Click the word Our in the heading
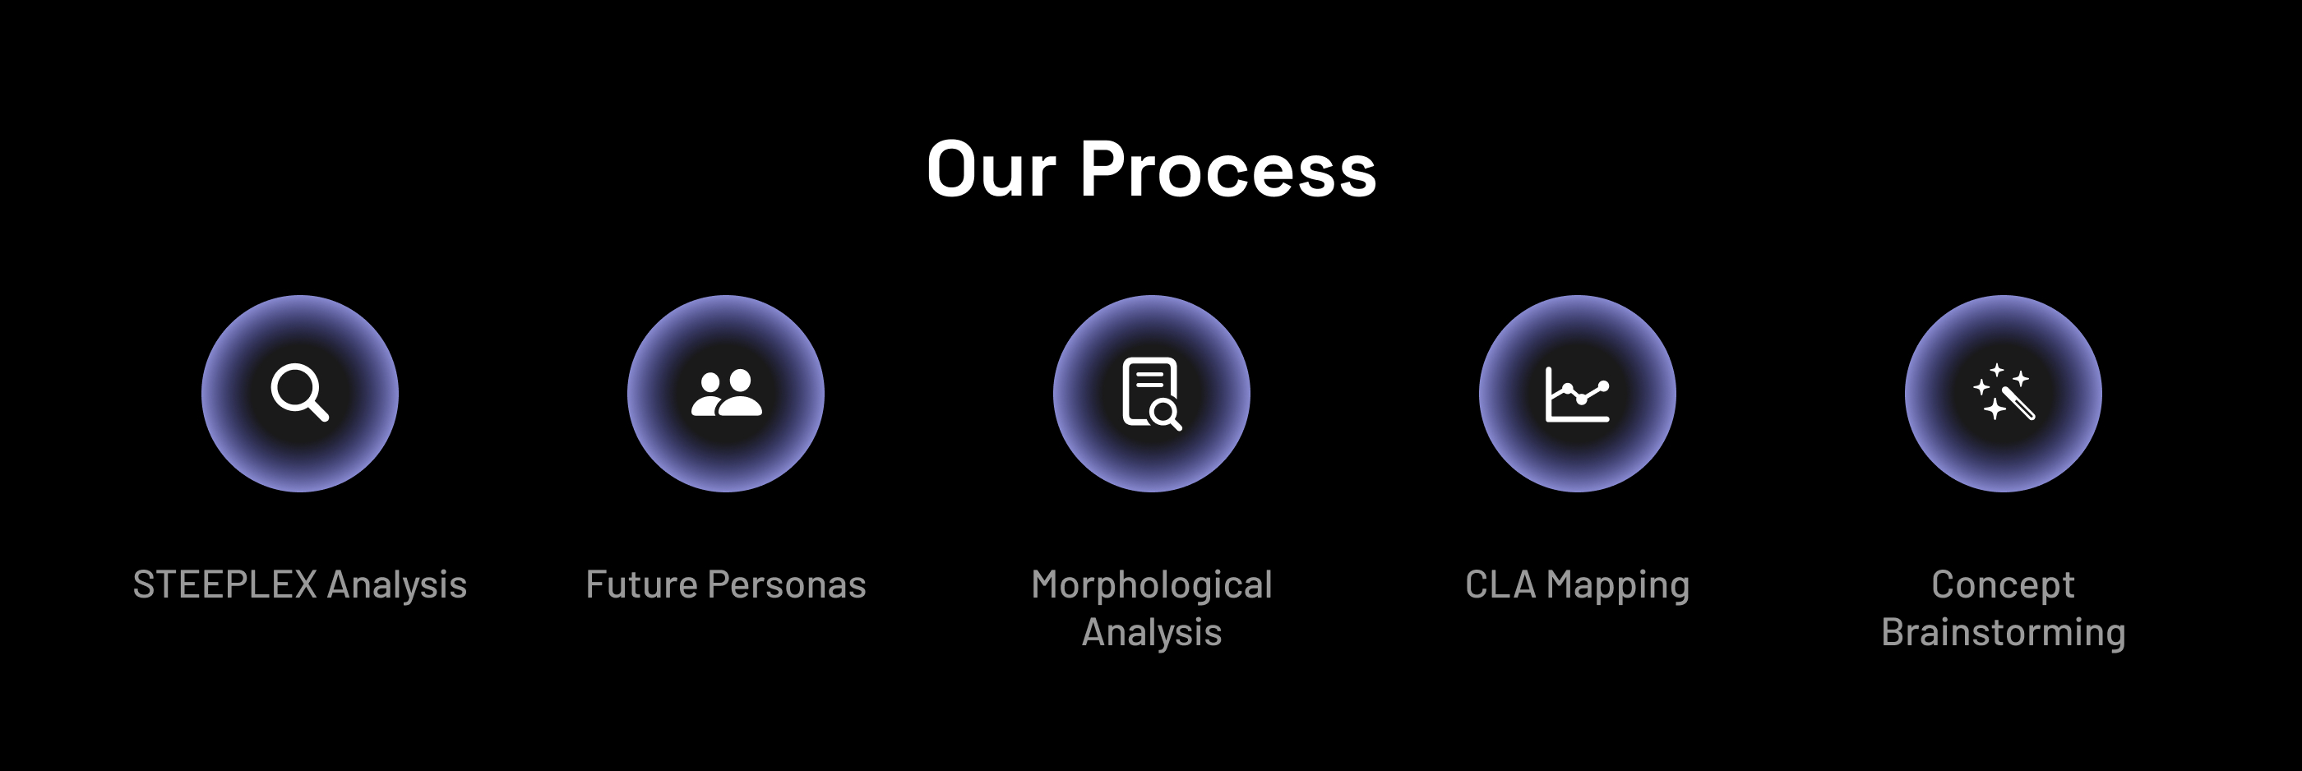point(991,170)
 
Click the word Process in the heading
point(1229,170)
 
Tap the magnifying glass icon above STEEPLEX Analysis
point(299,392)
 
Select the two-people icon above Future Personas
point(727,393)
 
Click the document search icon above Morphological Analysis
point(1151,393)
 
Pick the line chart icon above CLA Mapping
point(1577,393)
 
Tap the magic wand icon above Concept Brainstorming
point(2004,391)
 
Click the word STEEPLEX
point(225,585)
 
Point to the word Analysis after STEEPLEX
point(397,586)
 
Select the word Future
point(641,585)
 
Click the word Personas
point(787,585)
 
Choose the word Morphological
point(1151,586)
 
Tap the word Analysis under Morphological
point(1151,634)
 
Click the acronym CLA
point(1500,585)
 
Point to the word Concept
point(2003,586)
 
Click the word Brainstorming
point(2003,634)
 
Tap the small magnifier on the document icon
point(1166,414)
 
